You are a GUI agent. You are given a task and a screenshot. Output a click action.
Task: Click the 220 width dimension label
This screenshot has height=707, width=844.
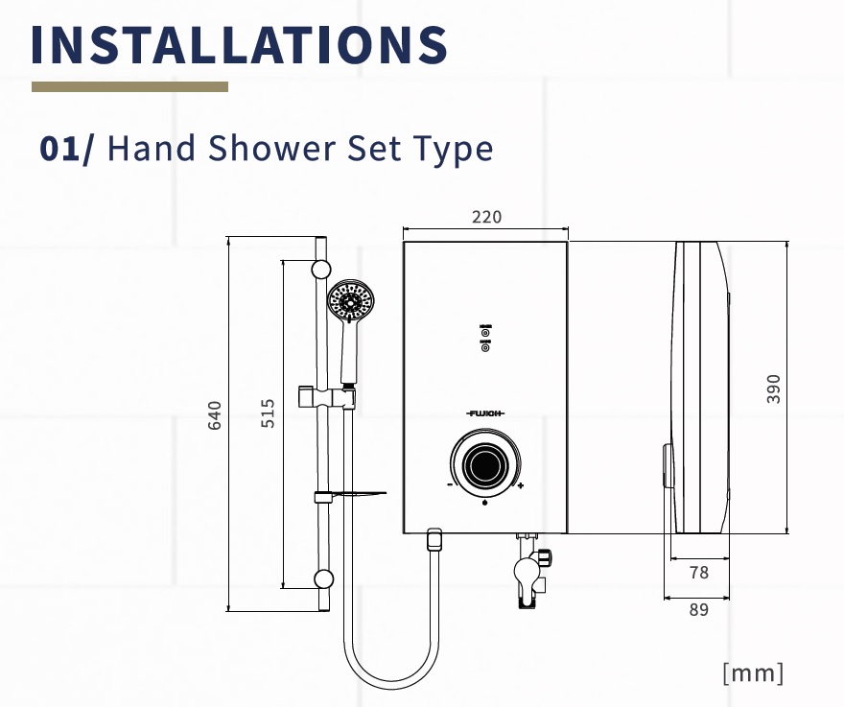(x=486, y=217)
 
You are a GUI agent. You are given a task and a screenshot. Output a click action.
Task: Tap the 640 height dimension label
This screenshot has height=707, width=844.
(x=214, y=415)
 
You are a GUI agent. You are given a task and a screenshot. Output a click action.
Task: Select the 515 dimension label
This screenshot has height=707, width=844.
(x=268, y=413)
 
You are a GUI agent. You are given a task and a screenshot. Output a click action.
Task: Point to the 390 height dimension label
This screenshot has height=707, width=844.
(x=773, y=389)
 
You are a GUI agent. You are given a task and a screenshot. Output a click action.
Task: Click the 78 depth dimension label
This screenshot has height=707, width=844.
(x=698, y=573)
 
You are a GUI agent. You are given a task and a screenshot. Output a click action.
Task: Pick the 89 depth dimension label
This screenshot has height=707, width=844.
(x=698, y=609)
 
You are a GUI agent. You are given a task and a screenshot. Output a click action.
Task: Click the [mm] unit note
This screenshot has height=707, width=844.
(x=753, y=673)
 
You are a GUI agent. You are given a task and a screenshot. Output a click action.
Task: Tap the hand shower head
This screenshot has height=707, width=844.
(x=351, y=301)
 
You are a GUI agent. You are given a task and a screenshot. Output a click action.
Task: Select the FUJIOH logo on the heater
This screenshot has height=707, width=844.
(x=485, y=413)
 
